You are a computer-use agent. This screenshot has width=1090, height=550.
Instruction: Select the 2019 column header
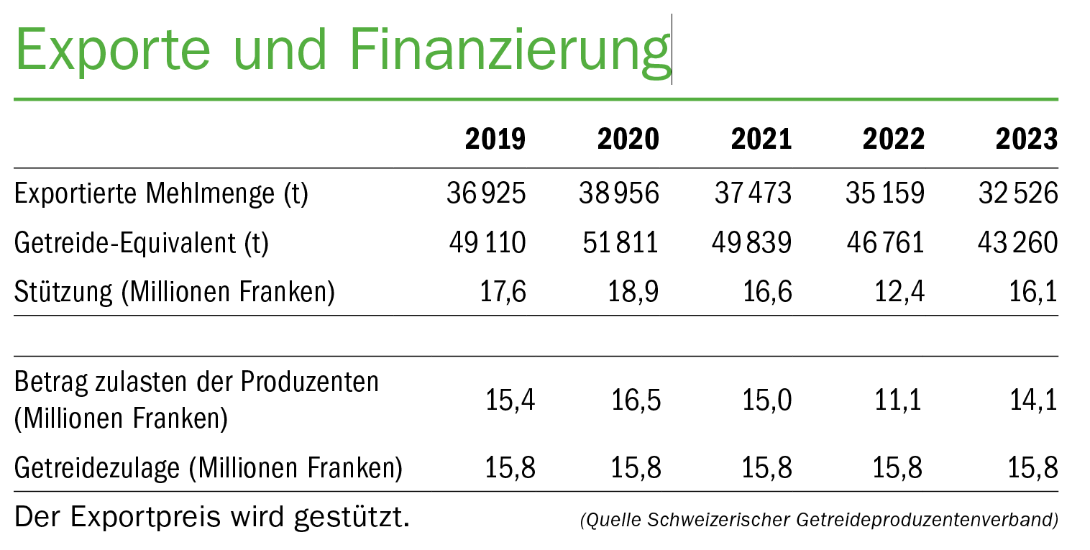click(495, 139)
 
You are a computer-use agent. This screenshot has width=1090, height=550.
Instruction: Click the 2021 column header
click(761, 139)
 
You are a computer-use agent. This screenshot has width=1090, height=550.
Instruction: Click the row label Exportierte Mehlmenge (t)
click(161, 194)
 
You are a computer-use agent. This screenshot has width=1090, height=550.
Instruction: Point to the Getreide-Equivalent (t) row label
click(142, 244)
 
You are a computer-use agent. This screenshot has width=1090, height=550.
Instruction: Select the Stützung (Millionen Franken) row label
click(175, 293)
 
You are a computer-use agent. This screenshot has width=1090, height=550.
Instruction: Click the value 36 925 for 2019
click(486, 194)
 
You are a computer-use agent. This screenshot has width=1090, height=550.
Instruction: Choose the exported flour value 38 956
click(619, 194)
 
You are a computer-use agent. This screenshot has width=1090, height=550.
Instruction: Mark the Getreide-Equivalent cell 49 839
click(753, 244)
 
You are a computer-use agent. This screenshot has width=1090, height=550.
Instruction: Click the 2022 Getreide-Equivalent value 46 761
click(885, 244)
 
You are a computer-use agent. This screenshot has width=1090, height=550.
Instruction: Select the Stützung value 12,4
click(898, 293)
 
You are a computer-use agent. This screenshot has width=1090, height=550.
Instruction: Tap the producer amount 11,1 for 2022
click(898, 400)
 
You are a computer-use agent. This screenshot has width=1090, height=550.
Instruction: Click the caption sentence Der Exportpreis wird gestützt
click(212, 517)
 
